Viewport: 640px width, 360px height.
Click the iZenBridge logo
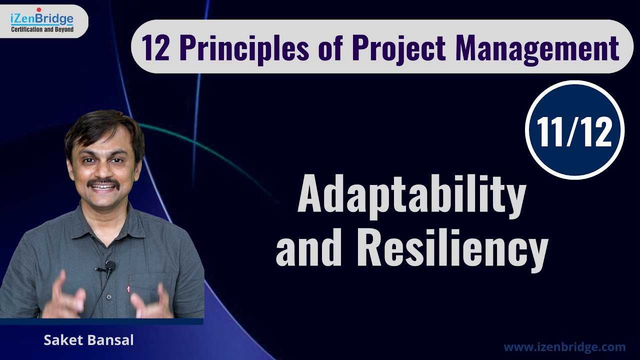point(42,20)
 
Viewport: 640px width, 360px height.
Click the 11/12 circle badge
point(575,129)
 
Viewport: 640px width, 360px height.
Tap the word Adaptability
point(411,196)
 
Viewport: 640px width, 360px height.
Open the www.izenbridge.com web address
point(564,346)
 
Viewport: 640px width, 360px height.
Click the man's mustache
point(103,182)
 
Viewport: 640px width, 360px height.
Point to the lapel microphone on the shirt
point(109,266)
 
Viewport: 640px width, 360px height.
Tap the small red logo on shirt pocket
point(129,288)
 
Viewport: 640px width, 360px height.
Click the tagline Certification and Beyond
point(42,29)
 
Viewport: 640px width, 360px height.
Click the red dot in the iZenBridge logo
point(38,9)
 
